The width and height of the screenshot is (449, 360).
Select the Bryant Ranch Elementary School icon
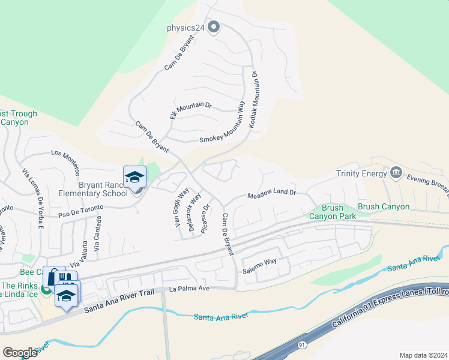[135, 177]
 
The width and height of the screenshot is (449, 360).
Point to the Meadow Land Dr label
[272, 194]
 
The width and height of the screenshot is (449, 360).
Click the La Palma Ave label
[189, 289]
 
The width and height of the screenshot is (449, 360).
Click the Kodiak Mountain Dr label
[254, 98]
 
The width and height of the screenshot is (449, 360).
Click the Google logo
[20, 353]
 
